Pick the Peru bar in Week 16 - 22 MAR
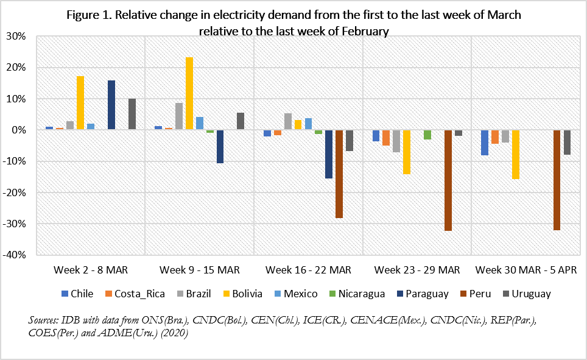[x=339, y=174]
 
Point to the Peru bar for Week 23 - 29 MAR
[x=448, y=180]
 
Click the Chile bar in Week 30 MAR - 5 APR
[x=485, y=143]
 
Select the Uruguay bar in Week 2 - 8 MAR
[x=132, y=114]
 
